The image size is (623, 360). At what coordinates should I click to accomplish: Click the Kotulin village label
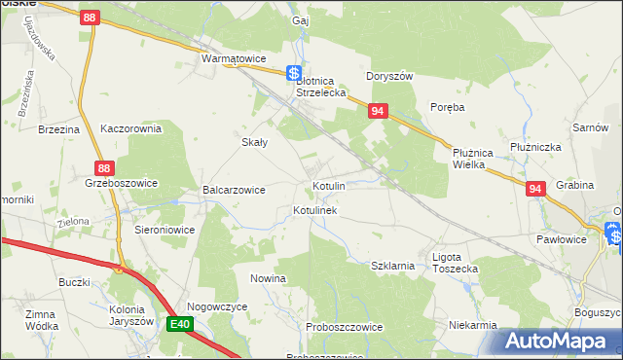point(328,185)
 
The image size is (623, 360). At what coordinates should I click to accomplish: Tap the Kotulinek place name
point(314,210)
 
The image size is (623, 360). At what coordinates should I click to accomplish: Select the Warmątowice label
point(234,58)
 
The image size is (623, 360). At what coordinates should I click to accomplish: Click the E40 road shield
point(178,324)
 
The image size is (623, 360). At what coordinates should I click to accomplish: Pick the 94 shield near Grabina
point(534,190)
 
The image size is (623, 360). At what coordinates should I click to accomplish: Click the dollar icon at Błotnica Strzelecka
point(293,73)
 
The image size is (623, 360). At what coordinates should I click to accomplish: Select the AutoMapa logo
point(555,341)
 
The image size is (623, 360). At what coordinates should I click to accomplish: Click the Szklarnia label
point(393,265)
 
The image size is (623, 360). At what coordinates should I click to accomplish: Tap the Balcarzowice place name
point(234,190)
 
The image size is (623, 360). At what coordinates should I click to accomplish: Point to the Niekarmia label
point(473,325)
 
